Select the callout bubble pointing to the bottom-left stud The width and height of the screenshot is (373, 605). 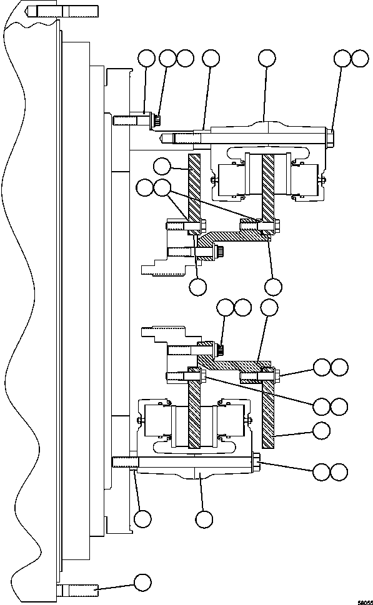tap(142, 582)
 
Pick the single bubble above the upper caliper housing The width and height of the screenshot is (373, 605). tap(267, 58)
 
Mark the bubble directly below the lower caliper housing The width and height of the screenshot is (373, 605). tap(204, 519)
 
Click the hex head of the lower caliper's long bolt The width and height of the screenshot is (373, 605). tap(257, 463)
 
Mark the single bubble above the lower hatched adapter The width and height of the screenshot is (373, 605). tap(269, 307)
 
